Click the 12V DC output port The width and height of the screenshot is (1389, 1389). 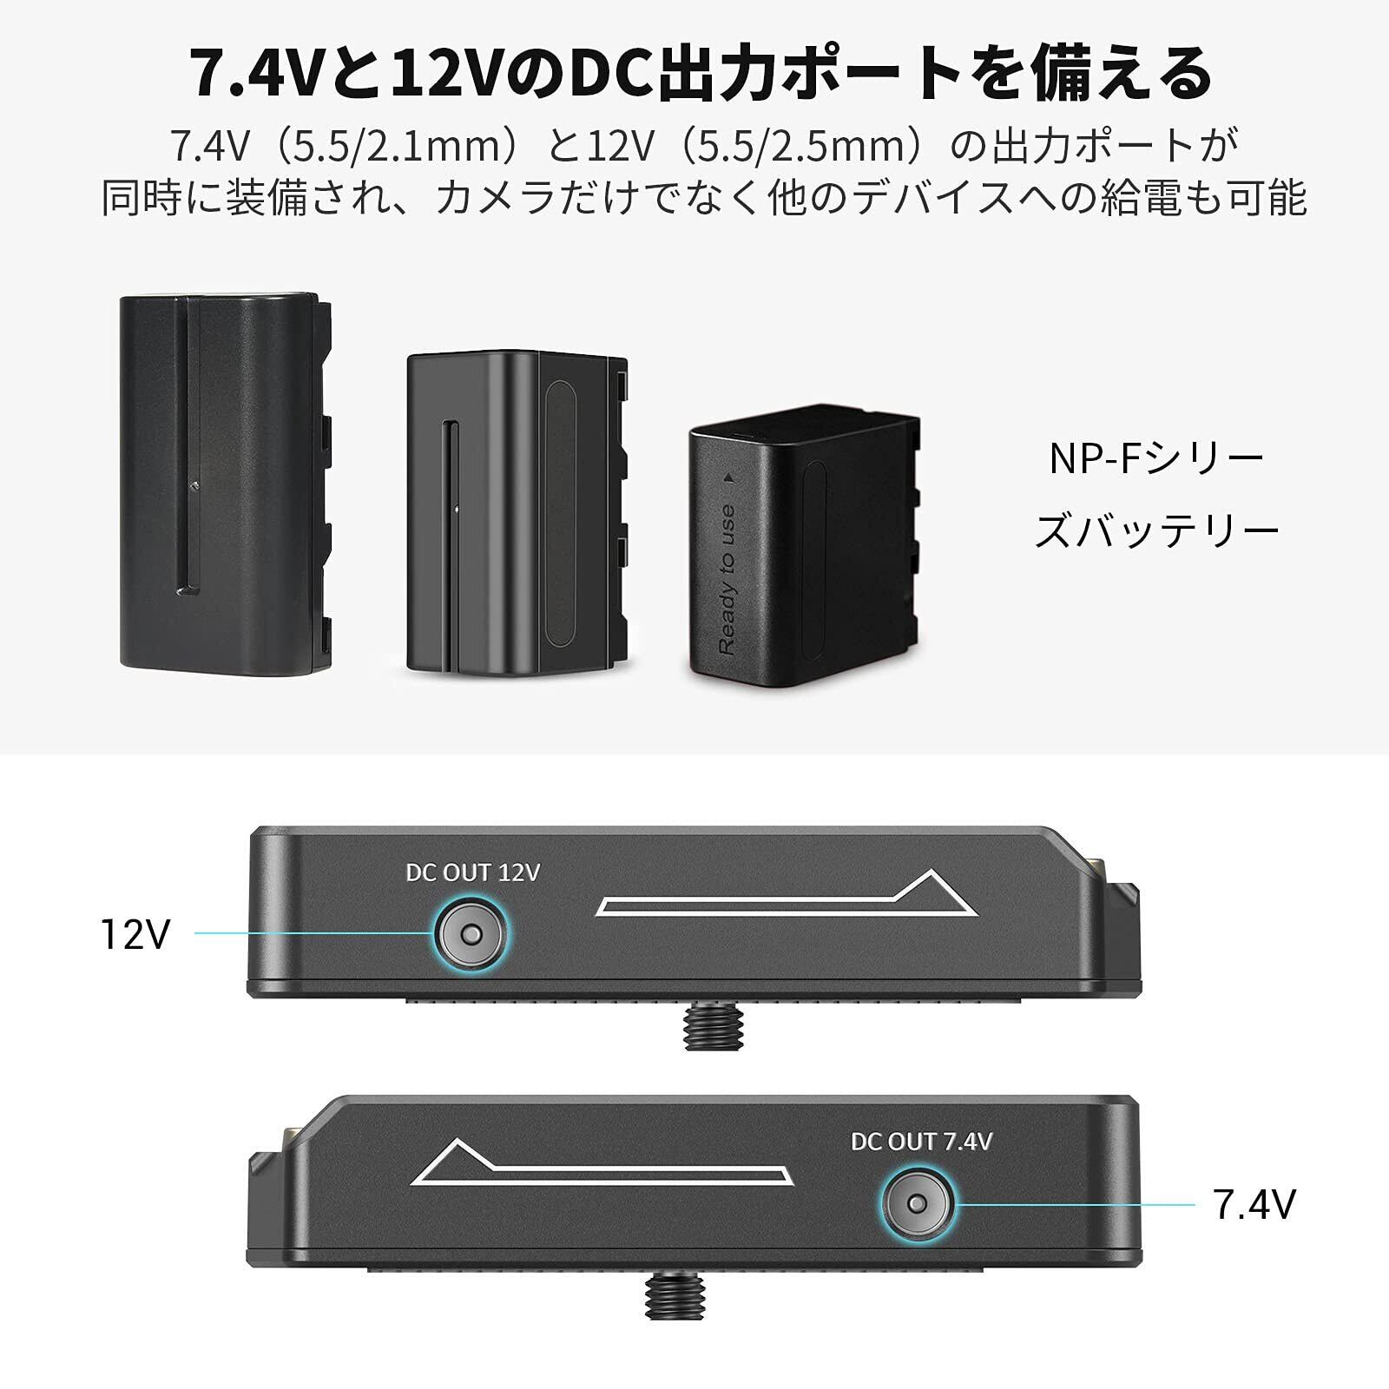tap(471, 934)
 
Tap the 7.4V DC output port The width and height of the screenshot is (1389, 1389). tap(917, 1204)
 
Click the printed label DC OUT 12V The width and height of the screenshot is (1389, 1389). tap(472, 872)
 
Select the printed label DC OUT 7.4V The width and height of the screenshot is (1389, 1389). tap(920, 1142)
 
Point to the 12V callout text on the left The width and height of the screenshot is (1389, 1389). tap(136, 934)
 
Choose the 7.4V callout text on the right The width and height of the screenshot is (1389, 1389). tap(1254, 1205)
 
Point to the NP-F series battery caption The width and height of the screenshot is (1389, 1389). tap(1156, 495)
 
